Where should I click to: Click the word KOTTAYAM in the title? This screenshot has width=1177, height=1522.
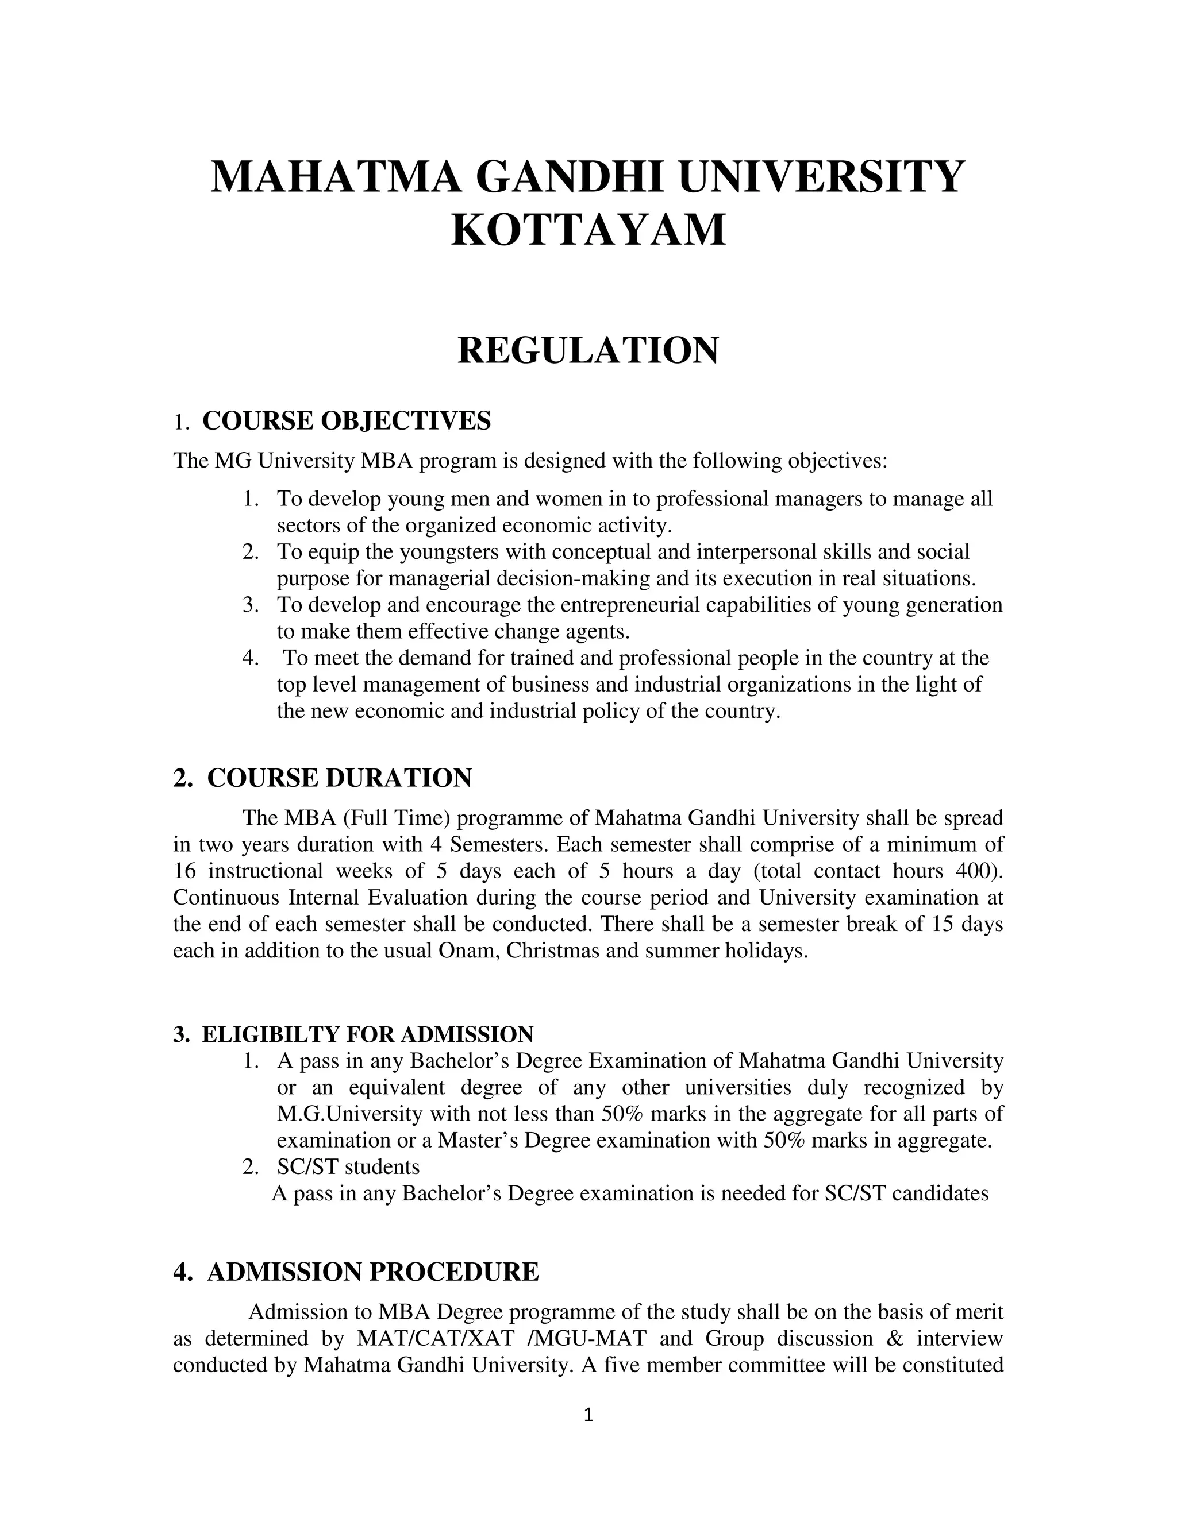click(588, 230)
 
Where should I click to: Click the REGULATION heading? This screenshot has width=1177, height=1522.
click(588, 350)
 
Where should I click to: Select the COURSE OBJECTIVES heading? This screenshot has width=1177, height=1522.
click(346, 421)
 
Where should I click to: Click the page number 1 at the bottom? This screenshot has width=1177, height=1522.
click(588, 1415)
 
